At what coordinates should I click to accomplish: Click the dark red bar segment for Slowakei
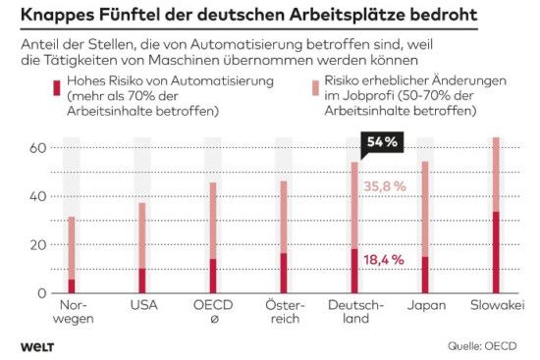click(496, 252)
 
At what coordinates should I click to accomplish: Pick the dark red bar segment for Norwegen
click(71, 285)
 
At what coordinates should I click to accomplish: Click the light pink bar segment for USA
click(141, 235)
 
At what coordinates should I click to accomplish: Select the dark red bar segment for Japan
click(425, 275)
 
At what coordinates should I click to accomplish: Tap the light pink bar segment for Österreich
click(284, 217)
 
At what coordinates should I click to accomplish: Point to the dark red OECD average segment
click(212, 276)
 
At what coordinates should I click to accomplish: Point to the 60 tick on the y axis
click(36, 148)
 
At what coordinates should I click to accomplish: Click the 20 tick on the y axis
click(36, 244)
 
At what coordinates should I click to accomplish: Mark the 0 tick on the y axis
click(41, 292)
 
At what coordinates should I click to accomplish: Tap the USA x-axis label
click(143, 305)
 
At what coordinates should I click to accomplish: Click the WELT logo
click(36, 345)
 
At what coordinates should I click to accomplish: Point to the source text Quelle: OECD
click(483, 345)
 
